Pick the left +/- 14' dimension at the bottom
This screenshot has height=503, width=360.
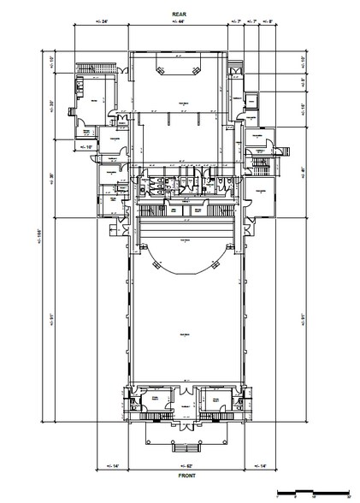[x=111, y=465]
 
